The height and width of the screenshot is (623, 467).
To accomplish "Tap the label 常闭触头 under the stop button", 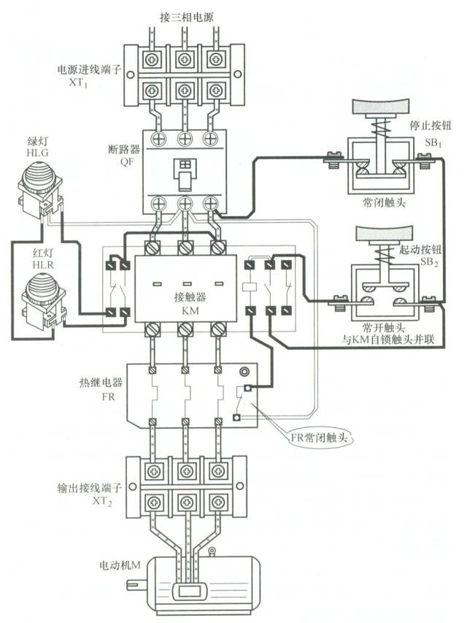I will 375,200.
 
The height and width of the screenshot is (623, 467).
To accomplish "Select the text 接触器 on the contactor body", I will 189,297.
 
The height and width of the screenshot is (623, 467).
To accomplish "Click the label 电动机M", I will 119,565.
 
